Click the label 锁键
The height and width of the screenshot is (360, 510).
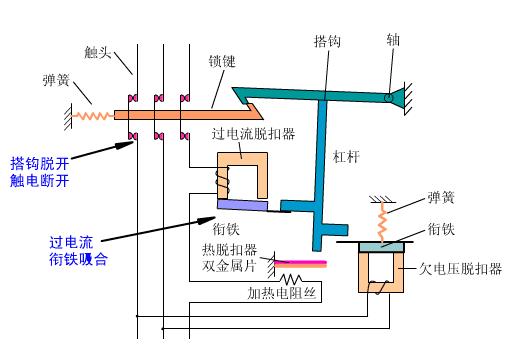(x=222, y=62)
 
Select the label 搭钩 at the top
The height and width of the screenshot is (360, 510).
(x=327, y=43)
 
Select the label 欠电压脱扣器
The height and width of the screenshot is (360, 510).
(x=450, y=268)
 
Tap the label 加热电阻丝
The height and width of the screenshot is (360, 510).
(x=282, y=294)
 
